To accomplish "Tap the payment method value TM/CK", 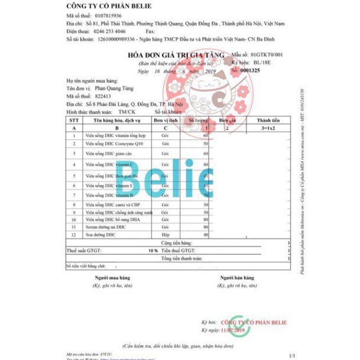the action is (127, 111).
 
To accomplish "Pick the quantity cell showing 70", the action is (206, 194).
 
